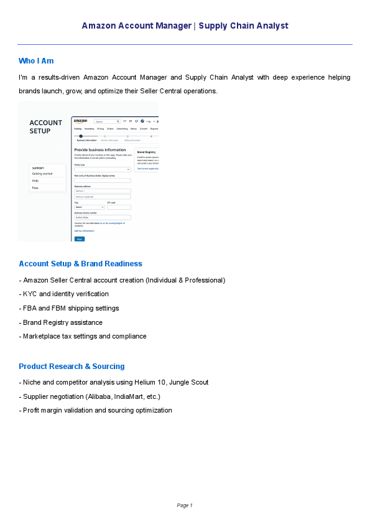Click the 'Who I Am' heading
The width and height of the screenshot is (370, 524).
(x=36, y=60)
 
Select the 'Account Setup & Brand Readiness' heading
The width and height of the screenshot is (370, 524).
(x=80, y=264)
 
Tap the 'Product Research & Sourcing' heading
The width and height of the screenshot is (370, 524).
(x=72, y=367)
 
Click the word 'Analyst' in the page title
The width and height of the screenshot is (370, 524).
(x=274, y=26)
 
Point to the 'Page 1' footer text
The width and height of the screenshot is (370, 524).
(x=185, y=505)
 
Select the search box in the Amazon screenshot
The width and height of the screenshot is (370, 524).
(x=106, y=121)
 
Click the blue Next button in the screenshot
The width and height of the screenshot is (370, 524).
(x=79, y=238)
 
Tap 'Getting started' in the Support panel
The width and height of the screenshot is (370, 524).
(x=42, y=174)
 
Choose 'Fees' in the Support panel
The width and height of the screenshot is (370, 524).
(x=35, y=187)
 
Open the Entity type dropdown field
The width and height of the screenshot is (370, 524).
(x=102, y=169)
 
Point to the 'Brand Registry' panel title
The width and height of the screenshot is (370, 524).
(x=146, y=152)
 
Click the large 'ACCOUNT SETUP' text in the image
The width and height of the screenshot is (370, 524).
(x=46, y=126)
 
